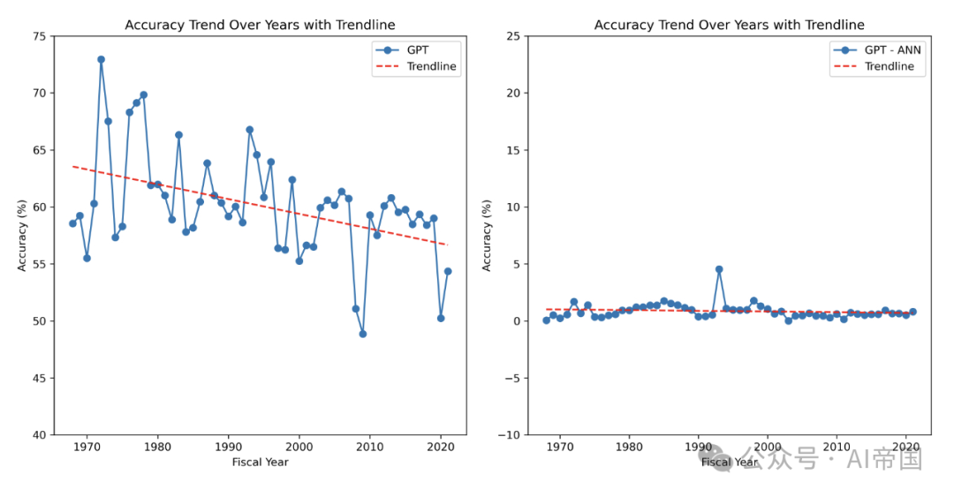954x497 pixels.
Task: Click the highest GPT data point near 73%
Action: coord(101,59)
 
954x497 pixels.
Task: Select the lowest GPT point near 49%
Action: coord(362,334)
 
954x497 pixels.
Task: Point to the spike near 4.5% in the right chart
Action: coord(719,269)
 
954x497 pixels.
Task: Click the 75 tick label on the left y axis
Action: coord(40,36)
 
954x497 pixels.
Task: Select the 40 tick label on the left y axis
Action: coord(40,434)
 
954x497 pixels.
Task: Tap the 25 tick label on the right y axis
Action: coord(510,36)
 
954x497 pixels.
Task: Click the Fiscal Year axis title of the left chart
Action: coord(260,462)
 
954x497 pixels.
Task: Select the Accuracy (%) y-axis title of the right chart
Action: coord(488,235)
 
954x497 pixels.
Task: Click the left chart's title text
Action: coord(260,25)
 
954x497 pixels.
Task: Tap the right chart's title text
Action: coord(729,25)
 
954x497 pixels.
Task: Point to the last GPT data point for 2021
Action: coord(448,271)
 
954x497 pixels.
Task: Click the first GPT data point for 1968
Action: coord(72,223)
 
